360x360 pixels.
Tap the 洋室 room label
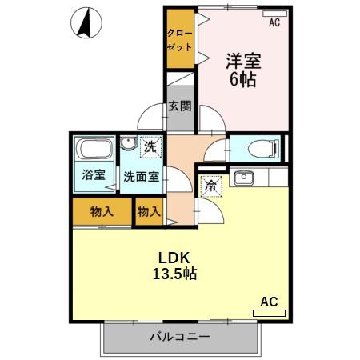[243, 60]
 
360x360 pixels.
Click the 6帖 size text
[243, 80]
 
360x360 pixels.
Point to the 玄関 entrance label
[180, 106]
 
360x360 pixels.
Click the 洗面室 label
[139, 176]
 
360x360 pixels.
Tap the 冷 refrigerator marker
[210, 183]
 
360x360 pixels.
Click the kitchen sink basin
[245, 177]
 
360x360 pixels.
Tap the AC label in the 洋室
[274, 23]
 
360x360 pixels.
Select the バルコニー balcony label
[180, 337]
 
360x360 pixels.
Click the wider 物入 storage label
[101, 211]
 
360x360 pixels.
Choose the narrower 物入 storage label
[149, 211]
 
